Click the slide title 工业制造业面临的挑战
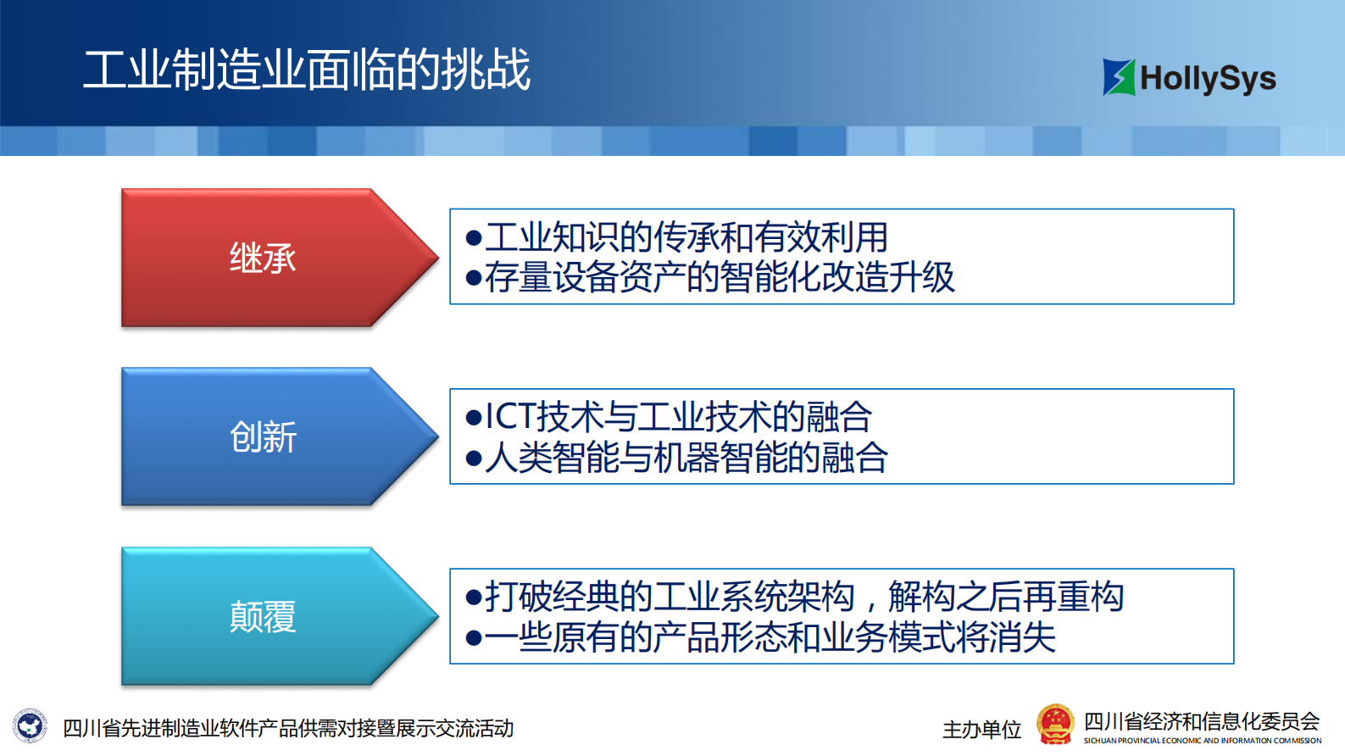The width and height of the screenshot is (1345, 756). point(307,69)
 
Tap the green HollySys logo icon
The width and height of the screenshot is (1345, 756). point(1118,77)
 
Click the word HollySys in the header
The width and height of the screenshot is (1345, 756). point(1208,79)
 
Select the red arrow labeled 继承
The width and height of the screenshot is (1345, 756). point(263,258)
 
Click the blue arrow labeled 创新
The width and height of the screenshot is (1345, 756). point(263,437)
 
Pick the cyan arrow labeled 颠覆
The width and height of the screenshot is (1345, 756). point(263,617)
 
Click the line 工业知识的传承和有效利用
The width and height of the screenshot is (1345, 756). point(686,237)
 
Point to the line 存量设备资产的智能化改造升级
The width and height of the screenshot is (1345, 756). point(720,277)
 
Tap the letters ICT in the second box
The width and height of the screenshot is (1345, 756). point(509,417)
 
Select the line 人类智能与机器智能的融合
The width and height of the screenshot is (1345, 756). point(686,458)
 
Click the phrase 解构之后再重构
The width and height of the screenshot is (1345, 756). point(1006,597)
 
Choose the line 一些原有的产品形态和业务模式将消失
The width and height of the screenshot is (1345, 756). point(770,637)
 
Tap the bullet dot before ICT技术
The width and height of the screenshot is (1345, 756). point(474,418)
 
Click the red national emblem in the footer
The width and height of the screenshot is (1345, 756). point(1055,725)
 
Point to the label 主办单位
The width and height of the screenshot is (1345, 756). point(981,730)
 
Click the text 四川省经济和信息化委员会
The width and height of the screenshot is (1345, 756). point(1201,721)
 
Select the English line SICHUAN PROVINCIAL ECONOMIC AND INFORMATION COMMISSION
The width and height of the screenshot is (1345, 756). point(1202,741)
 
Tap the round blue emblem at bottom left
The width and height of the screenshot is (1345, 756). point(31,726)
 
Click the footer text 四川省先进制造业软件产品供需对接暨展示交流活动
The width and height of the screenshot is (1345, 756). point(288,728)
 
